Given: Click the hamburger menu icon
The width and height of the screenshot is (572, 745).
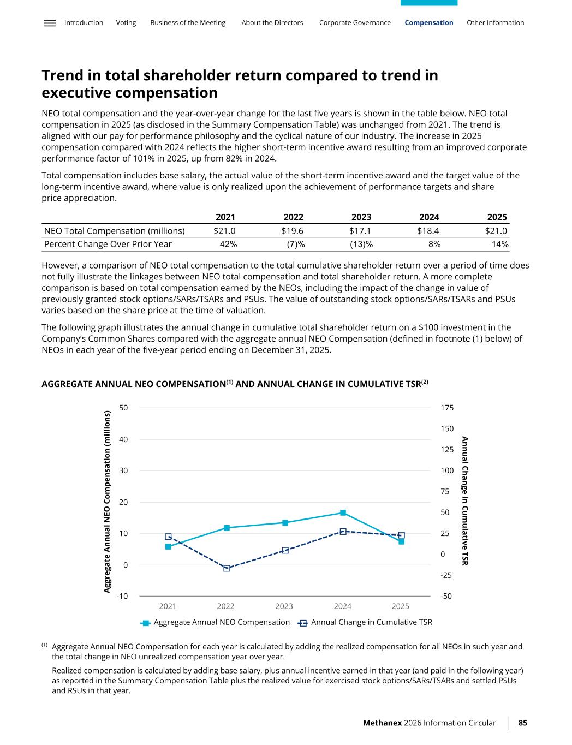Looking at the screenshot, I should pos(50,23).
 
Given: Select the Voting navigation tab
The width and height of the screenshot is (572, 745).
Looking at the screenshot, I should pos(126,23).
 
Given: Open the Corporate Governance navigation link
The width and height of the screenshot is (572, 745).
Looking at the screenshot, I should pos(355,23).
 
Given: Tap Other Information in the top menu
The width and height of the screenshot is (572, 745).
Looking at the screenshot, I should pos(495,23).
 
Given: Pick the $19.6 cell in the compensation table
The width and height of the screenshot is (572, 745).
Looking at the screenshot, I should pos(292,231).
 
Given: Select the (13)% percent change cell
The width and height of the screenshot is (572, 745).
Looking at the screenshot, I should pos(361,244).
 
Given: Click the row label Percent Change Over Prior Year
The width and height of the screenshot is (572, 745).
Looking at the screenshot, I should pos(108,244).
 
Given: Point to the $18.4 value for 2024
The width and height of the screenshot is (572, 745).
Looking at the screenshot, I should pos(428,231).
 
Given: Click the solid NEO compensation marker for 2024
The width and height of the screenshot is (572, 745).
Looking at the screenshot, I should pos(343,512).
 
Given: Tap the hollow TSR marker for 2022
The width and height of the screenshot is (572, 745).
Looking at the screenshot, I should pos(227,568).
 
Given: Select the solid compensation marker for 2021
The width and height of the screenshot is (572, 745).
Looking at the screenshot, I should pos(168,546).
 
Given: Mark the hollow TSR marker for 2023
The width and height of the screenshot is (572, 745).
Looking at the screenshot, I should pos(285,550).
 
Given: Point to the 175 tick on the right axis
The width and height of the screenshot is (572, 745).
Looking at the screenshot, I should pos(446,408).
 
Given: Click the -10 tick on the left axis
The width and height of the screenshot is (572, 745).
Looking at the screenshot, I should pos(122,596).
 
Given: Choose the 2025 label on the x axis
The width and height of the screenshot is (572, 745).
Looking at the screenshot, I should pos(401,606).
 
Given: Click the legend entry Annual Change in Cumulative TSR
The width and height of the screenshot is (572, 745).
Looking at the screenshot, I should pos(371,622).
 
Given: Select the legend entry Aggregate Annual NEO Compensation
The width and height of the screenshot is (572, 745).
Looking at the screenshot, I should pos(221,622).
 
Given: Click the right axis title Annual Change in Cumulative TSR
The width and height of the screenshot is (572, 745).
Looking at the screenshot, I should pos(465,500).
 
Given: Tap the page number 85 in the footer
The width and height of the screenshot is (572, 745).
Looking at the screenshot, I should pos(523,723).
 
